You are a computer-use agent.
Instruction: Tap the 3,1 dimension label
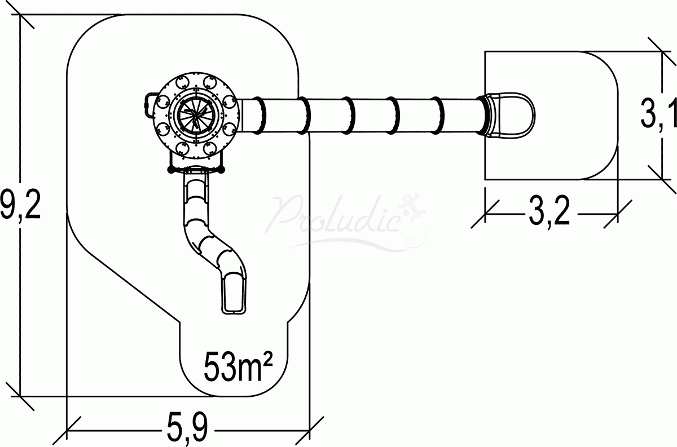tap(658, 116)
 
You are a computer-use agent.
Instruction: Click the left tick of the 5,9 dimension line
tap(67, 430)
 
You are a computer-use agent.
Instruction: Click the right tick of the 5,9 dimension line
tap(310, 430)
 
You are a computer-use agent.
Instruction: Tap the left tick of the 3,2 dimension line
tap(485, 213)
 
